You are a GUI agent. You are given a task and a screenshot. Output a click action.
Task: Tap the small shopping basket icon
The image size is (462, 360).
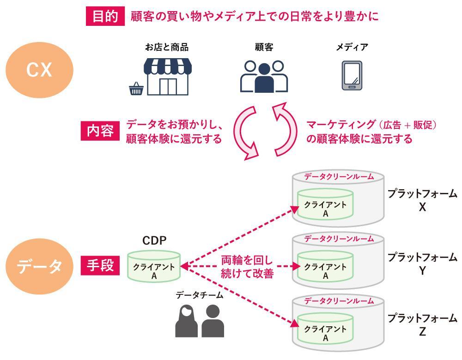(x=136, y=89)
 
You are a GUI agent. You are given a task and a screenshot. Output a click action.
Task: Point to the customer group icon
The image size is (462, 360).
(x=264, y=77)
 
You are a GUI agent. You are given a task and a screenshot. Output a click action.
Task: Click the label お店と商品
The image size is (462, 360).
(x=166, y=47)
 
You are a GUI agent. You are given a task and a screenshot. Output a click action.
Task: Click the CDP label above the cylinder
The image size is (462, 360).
(x=154, y=240)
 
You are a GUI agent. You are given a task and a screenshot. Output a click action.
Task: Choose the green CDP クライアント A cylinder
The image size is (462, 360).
(x=154, y=267)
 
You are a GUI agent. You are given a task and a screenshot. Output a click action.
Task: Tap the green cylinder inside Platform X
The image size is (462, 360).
(x=325, y=205)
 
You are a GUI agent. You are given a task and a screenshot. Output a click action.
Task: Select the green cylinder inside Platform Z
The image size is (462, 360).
(x=325, y=331)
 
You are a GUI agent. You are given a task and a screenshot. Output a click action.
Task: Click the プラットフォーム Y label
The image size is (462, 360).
(x=422, y=264)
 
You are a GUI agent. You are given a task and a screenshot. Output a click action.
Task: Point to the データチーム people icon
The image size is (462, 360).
(x=200, y=320)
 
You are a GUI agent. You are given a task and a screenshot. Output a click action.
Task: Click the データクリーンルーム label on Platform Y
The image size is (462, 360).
(x=339, y=239)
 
